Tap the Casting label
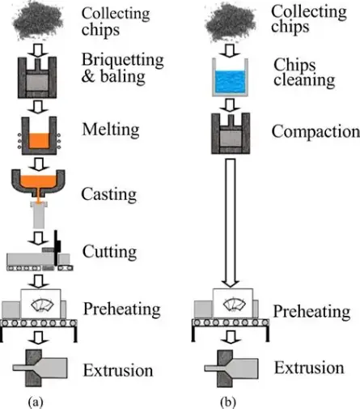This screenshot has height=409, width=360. [108, 194]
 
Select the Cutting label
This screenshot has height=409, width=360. [109, 253]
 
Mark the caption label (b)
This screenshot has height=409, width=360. [229, 400]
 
